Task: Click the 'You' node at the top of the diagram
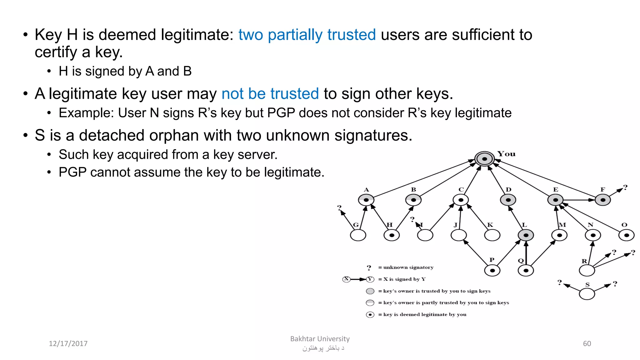[484, 159]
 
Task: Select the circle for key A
[366, 200]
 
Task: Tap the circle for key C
[461, 200]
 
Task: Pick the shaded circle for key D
[508, 200]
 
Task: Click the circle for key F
[603, 200]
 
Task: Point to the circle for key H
[392, 235]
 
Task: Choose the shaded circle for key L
[526, 235]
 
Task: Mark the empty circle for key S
[587, 294]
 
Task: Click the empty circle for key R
[587, 270]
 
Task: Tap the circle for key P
[492, 270]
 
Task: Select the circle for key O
[627, 235]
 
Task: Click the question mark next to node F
[625, 187]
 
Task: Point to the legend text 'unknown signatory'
[408, 267]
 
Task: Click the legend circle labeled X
[346, 279]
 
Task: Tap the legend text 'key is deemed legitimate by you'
[425, 314]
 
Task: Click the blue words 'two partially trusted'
[307, 35]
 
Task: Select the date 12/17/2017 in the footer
[68, 343]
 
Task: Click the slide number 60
[587, 343]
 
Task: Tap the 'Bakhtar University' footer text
[320, 339]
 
